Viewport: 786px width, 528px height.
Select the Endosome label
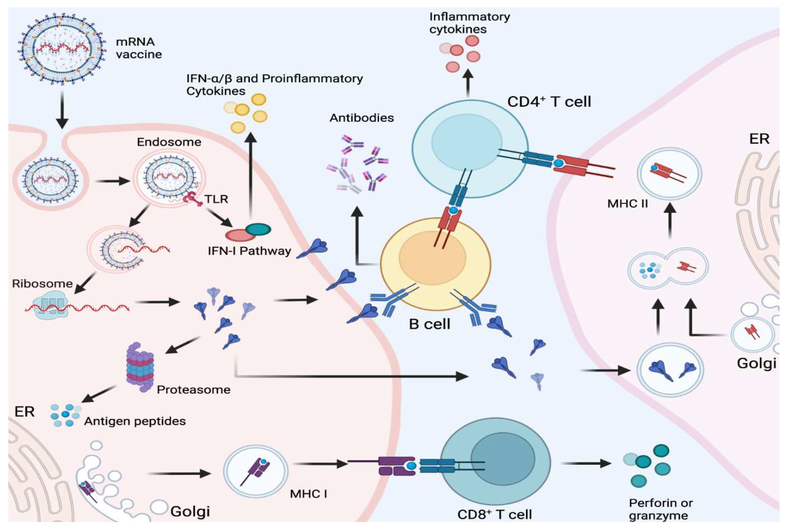(169, 142)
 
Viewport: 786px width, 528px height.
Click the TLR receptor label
(216, 199)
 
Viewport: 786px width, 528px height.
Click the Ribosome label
(42, 283)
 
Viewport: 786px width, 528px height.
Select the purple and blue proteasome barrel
(140, 367)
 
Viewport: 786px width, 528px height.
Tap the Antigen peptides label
(135, 421)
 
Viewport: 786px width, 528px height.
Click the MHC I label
(308, 494)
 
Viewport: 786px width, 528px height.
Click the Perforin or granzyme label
(660, 509)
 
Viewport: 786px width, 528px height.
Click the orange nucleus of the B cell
(432, 258)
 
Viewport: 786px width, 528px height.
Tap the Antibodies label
(362, 118)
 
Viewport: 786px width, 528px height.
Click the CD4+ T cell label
(549, 102)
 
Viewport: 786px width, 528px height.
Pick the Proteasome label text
(194, 390)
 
